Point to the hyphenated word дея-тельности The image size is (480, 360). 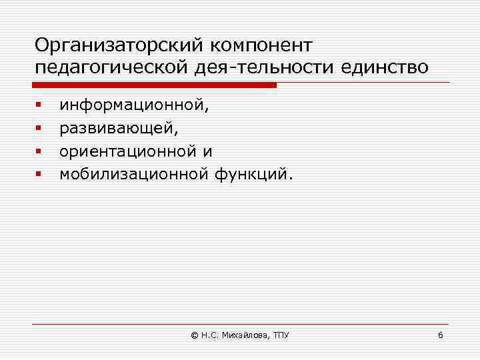pos(253,69)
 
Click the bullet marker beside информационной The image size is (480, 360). pos(39,105)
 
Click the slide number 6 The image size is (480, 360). pos(440,335)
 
